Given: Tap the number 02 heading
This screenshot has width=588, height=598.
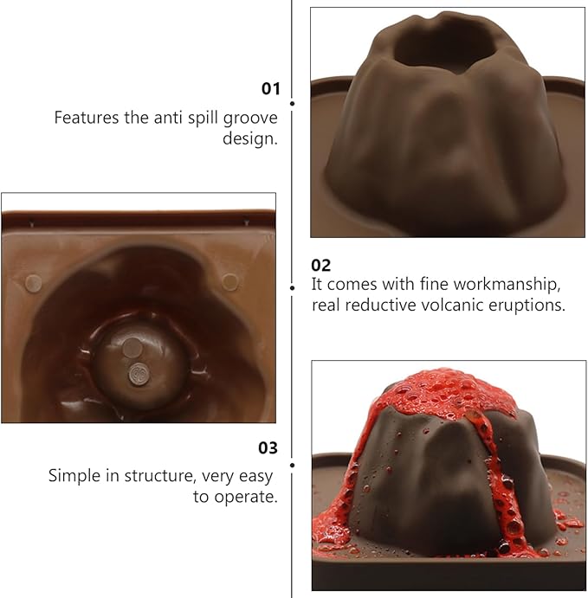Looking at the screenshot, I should click(x=320, y=265).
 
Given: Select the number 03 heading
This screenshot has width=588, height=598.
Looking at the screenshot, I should click(x=268, y=447).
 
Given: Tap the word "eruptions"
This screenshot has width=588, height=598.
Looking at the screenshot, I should click(x=528, y=305).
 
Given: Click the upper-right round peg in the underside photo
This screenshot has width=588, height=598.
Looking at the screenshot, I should click(x=229, y=280).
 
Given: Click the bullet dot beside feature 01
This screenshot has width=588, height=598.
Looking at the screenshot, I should click(x=292, y=103).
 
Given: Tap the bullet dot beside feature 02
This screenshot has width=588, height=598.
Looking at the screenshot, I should click(x=292, y=286).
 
